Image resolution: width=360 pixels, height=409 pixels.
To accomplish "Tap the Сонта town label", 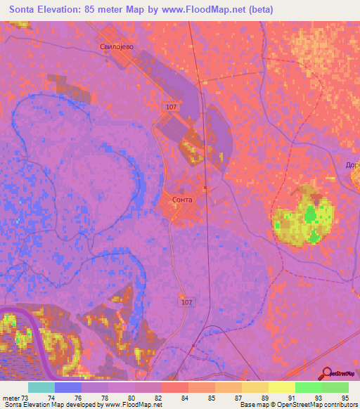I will click(181, 199).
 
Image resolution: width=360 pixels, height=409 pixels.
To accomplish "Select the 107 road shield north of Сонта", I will click(172, 107).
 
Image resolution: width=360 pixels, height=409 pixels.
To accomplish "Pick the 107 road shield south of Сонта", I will click(186, 302).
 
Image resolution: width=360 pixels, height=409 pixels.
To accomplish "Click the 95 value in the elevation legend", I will click(344, 398).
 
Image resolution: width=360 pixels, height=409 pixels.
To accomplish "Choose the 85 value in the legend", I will click(211, 398).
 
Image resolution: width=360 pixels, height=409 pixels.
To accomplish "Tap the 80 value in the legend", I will click(131, 398).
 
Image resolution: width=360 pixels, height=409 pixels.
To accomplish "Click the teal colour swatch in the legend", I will click(41, 387).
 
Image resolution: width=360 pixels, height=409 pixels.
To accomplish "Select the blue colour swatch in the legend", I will click(68, 387).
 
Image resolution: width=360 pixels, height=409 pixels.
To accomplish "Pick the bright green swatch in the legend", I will click(308, 387).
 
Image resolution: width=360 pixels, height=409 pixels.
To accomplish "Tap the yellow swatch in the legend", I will click(281, 387).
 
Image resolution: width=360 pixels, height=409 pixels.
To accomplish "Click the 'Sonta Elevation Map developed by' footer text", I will click(49, 405).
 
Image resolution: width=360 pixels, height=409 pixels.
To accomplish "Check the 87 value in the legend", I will click(238, 398).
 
